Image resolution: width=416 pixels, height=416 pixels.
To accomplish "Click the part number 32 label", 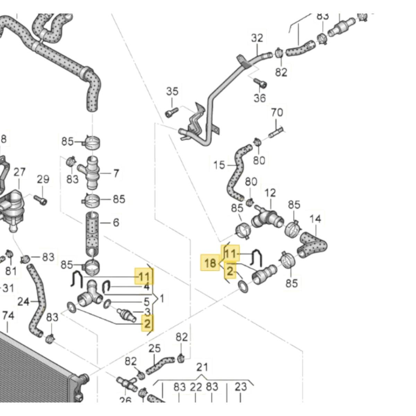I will tap(257, 38).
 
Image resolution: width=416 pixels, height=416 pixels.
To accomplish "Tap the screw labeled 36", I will tap(260, 83).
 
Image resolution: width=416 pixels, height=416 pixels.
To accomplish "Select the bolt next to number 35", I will tap(172, 112).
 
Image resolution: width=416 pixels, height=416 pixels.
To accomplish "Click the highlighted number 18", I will tap(210, 263).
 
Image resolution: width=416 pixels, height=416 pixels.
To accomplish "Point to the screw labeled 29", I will tap(41, 199).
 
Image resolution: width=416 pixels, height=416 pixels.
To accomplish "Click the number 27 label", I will tap(19, 172).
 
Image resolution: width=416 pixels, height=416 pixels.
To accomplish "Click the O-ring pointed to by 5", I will tap(107, 304).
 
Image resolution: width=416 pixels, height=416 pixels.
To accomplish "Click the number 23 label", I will tap(240, 387).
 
